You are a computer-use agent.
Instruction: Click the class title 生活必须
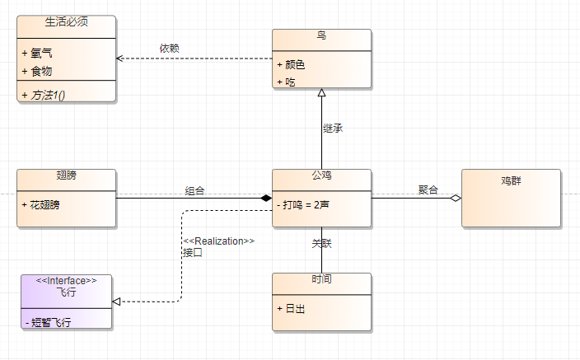click(x=67, y=21)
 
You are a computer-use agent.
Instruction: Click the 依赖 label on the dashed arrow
click(x=170, y=48)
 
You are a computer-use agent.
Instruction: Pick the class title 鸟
click(x=321, y=35)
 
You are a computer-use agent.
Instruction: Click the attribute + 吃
click(x=289, y=82)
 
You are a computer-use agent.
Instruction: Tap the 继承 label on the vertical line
click(x=333, y=129)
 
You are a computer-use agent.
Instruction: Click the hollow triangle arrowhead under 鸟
click(x=321, y=93)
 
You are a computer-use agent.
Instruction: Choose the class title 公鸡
click(x=321, y=176)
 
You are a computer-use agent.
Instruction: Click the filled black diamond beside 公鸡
click(x=265, y=199)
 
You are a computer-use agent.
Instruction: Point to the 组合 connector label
click(x=195, y=190)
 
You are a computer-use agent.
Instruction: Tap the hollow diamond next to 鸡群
click(x=455, y=199)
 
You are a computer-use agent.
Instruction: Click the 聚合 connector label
click(x=428, y=190)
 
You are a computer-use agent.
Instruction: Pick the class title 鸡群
click(x=511, y=180)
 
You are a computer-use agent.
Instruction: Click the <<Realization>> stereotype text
click(x=218, y=241)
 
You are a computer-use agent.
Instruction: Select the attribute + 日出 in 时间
click(x=294, y=308)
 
